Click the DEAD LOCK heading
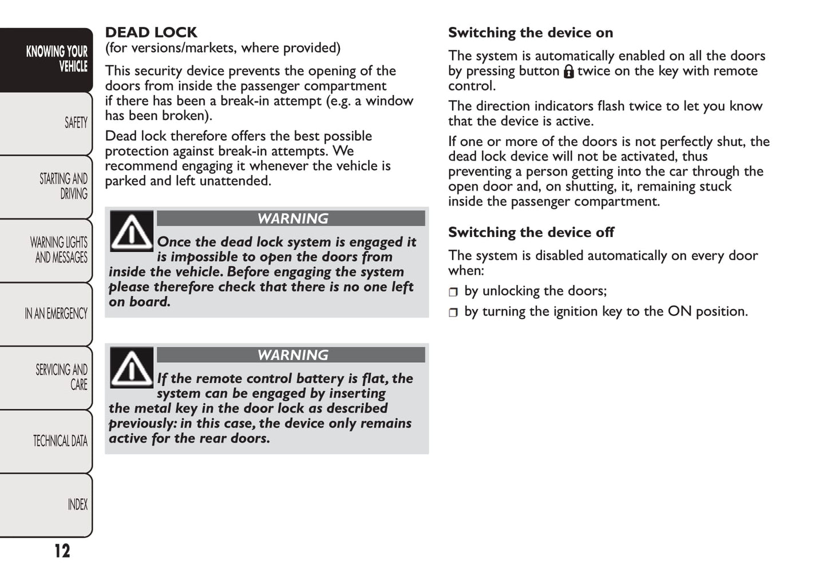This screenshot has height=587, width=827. tap(151, 33)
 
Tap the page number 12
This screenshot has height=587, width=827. tap(62, 551)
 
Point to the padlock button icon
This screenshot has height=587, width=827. tap(568, 72)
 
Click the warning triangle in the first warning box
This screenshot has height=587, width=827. tap(132, 231)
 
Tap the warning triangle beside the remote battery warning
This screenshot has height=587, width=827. tap(132, 368)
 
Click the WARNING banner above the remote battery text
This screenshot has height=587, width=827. tap(291, 355)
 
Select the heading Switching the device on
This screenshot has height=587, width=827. tap(531, 33)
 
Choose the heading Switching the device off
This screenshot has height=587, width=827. tap(531, 232)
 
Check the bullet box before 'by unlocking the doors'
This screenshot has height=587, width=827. tap(453, 292)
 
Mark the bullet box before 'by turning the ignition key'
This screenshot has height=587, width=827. tap(453, 313)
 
